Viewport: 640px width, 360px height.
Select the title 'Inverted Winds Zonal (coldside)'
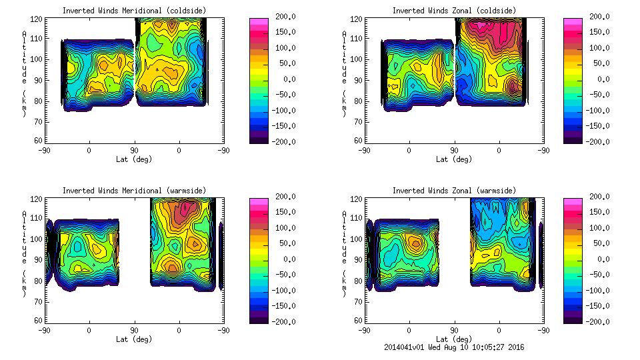point(454,11)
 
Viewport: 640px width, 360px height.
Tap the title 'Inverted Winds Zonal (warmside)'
point(454,191)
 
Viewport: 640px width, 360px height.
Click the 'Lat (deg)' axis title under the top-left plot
point(134,159)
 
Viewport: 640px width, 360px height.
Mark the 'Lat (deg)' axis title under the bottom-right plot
point(454,339)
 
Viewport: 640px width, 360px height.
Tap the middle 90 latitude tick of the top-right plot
point(454,150)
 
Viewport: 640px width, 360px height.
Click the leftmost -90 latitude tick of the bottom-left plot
point(44,330)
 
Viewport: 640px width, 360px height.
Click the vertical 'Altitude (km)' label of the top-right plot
point(345,73)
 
